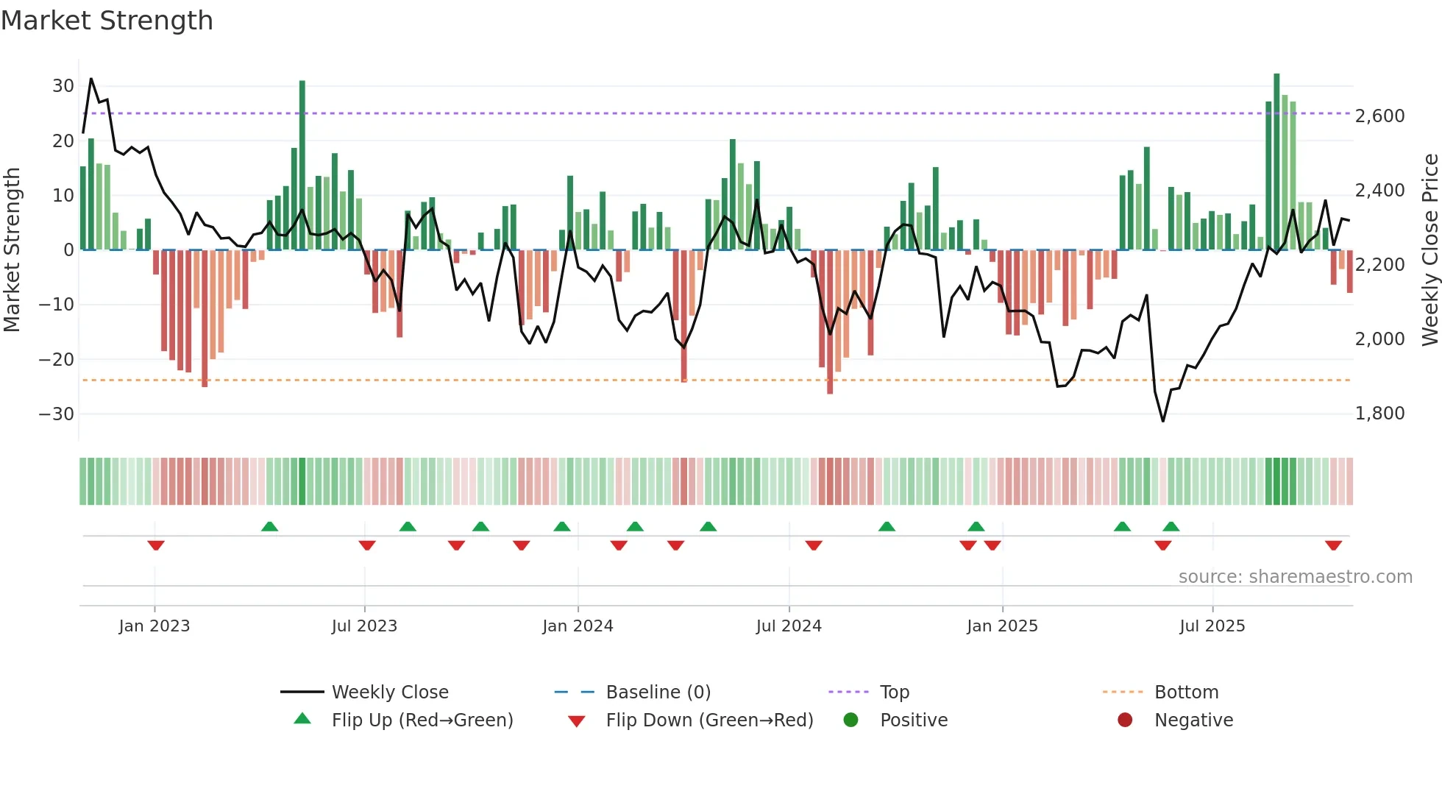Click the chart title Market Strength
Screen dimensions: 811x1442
point(107,21)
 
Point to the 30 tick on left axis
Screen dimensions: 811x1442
point(63,86)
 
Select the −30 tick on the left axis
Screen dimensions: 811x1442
point(57,414)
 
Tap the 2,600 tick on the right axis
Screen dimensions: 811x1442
point(1379,116)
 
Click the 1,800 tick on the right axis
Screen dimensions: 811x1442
point(1379,414)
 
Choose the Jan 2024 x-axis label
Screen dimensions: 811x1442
point(578,626)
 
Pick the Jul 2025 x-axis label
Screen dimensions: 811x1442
point(1212,626)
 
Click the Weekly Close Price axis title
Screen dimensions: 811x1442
point(1429,250)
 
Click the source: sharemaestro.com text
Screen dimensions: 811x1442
point(1295,577)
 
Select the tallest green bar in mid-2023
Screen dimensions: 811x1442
point(302,166)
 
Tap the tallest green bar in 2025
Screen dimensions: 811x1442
point(1276,162)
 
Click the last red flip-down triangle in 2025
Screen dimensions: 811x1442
point(1333,545)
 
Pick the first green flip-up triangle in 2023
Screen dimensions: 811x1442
point(269,526)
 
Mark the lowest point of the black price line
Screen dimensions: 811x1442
point(1163,421)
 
